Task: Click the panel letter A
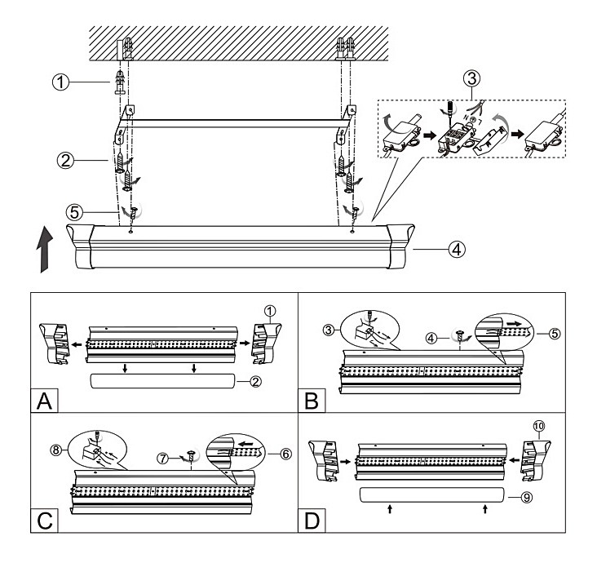[x=46, y=401]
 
